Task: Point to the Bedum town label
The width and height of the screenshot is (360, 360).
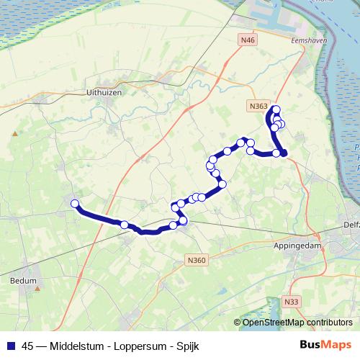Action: (x=24, y=281)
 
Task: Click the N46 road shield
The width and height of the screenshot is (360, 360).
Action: (x=249, y=40)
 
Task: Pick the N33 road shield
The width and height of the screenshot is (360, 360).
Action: (x=290, y=301)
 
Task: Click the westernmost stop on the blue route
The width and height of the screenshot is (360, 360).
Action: (x=74, y=204)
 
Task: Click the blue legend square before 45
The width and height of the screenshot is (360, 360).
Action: (x=10, y=346)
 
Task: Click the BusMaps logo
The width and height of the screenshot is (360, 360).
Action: (x=325, y=346)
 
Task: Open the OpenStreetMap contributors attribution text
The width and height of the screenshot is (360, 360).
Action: (x=297, y=323)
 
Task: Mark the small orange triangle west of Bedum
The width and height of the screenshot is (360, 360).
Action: (x=14, y=133)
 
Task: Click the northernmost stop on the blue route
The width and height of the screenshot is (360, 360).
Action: (x=276, y=109)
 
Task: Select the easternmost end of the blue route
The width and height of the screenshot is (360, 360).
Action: (x=284, y=153)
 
